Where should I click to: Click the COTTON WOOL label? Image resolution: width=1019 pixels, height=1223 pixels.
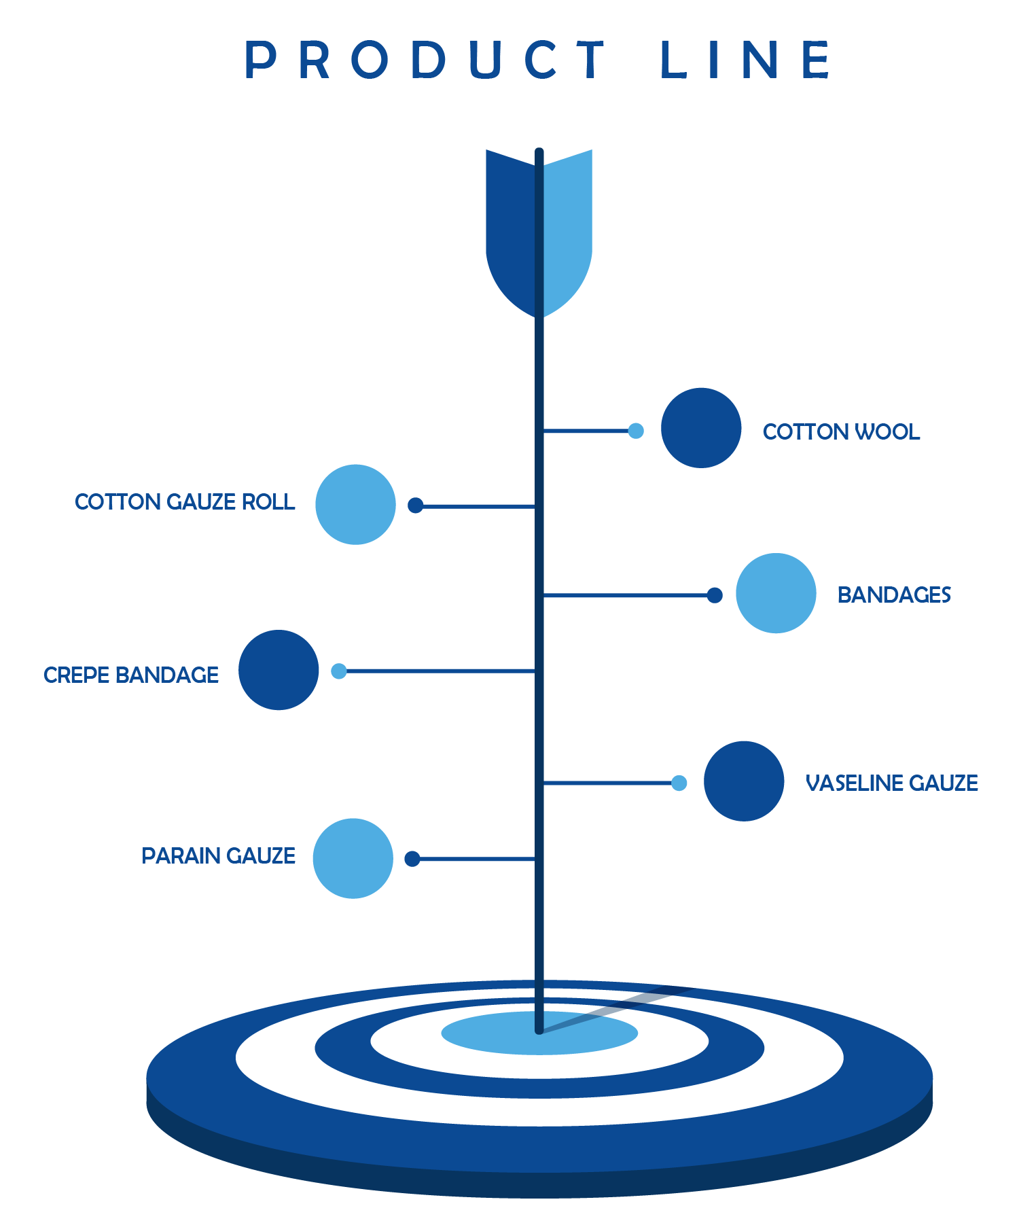click(841, 431)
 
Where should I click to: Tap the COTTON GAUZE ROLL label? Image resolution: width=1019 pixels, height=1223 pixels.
click(185, 501)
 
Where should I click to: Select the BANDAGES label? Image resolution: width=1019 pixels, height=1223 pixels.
click(894, 595)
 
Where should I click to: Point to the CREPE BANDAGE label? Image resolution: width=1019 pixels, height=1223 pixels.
click(131, 675)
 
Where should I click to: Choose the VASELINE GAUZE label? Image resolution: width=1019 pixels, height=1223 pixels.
click(891, 783)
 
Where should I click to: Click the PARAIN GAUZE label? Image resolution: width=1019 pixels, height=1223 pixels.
click(218, 855)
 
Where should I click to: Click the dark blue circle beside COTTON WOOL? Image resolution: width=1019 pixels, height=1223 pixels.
click(701, 428)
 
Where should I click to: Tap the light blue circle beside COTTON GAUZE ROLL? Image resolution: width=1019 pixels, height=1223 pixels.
click(355, 504)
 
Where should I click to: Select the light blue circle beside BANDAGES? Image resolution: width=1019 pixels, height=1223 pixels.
click(776, 593)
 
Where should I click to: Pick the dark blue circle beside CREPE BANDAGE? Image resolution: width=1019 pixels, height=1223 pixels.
click(279, 670)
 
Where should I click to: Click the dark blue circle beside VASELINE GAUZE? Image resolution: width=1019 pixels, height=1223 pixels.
click(744, 781)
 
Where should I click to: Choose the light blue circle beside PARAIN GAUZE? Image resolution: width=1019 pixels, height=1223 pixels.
click(353, 858)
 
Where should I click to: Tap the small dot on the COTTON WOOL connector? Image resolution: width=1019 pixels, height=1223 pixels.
click(636, 431)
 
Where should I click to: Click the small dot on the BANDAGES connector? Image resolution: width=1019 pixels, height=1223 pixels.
click(715, 595)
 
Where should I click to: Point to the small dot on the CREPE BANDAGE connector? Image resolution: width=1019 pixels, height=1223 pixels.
click(338, 671)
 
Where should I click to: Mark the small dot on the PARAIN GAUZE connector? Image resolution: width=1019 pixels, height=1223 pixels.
click(412, 859)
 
